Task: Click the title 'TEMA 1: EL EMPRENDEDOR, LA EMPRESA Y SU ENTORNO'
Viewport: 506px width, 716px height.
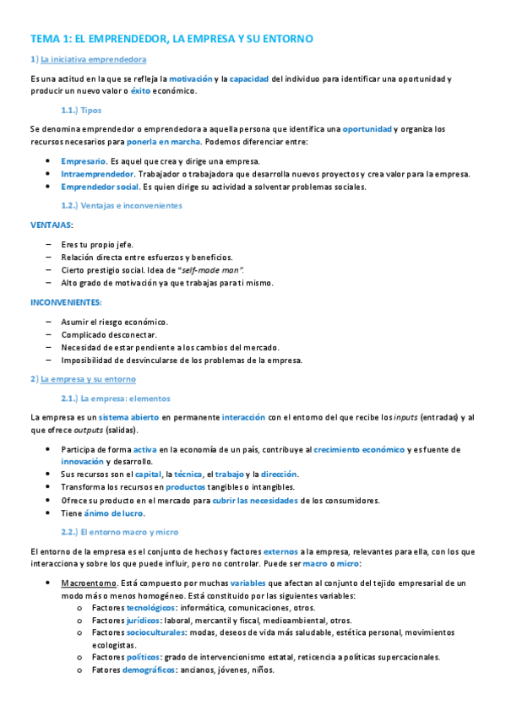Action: tap(171, 39)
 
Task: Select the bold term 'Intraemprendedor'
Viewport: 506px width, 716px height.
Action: tap(97, 174)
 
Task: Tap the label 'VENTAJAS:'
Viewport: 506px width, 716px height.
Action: tap(52, 225)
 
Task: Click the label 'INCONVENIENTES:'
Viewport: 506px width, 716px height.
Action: tap(66, 301)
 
